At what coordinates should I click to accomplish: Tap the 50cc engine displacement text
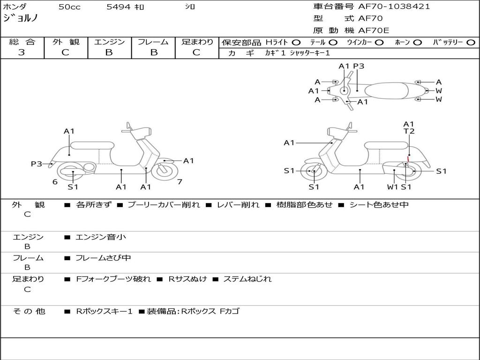click(68, 7)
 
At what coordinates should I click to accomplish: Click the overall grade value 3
click(22, 52)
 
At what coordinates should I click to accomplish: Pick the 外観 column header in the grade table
click(66, 42)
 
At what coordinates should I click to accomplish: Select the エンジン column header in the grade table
click(109, 42)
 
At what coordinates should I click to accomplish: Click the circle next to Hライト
click(296, 42)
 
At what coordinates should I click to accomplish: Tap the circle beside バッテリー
click(471, 42)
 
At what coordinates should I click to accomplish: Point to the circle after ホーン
click(417, 42)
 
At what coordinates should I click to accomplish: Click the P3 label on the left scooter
click(37, 164)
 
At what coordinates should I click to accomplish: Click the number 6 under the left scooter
click(55, 182)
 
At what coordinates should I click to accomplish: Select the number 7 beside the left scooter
click(180, 182)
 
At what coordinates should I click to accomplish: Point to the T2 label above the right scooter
click(409, 132)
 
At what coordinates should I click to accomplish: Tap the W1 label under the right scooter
click(393, 187)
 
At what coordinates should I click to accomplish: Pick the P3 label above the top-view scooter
click(359, 66)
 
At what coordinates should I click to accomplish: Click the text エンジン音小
click(101, 237)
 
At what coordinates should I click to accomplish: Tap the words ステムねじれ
click(247, 279)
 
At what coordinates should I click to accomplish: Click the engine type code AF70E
click(374, 30)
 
